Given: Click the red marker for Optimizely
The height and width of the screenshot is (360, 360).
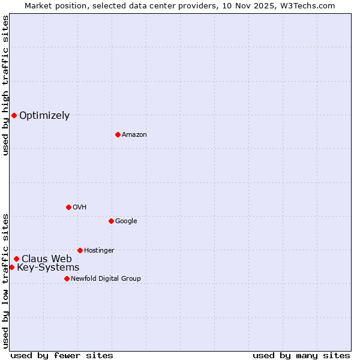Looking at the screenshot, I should (14, 115).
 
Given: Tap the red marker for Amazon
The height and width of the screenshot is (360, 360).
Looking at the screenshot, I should (118, 134).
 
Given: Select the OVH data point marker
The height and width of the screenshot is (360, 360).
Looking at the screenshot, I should (68, 207).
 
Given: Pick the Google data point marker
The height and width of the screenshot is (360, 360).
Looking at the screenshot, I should (111, 221).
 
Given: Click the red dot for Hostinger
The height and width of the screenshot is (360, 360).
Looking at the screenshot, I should (80, 250).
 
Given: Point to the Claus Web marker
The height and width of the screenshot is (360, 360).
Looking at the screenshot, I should (16, 259).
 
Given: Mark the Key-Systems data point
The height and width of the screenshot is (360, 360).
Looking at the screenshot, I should (11, 267).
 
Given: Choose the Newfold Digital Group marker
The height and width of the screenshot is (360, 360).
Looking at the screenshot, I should (67, 278).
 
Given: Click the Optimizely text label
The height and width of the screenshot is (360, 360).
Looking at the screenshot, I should (44, 116).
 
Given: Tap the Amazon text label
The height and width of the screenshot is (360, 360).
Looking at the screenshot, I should (134, 135).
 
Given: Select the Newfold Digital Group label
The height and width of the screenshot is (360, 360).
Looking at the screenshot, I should (106, 278).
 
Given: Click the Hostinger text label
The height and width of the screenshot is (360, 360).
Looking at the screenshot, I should (99, 250).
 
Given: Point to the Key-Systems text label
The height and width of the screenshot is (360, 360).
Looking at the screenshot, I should (48, 268).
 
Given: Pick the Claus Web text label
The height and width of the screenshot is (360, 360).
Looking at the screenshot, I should (47, 259).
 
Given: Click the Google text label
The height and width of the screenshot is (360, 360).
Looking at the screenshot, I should (126, 221).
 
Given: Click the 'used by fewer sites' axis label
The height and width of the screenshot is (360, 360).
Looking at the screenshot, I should (62, 355).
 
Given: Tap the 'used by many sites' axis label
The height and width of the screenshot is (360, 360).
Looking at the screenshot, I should (301, 355).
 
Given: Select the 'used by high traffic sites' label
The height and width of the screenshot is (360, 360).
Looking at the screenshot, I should (5, 86).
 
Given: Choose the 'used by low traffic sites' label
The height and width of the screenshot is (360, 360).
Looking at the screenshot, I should (5, 281).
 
